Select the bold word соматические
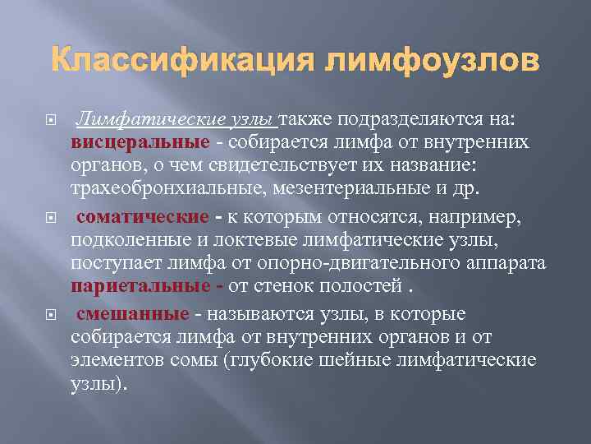tap(143, 218)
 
